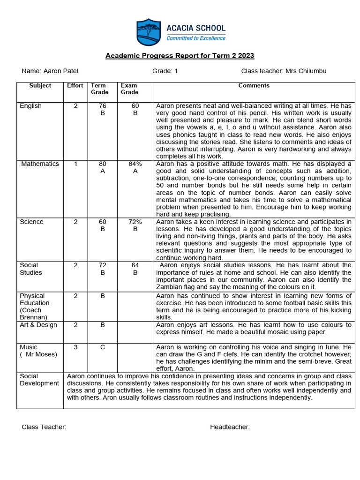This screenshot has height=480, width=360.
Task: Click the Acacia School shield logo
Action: (148, 32)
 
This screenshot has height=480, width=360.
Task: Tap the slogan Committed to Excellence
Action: (196, 38)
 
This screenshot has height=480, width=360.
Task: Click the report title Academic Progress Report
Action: (180, 56)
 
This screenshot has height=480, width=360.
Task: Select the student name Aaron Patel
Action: (61, 71)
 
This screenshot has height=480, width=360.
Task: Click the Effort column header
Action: (75, 86)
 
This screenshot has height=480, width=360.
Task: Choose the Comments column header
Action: (254, 86)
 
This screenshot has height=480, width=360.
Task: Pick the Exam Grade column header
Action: (129, 89)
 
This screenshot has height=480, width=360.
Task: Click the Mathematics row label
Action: (40, 164)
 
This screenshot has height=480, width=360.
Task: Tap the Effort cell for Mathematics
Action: (75, 164)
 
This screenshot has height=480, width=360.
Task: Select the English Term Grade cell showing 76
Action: (103, 110)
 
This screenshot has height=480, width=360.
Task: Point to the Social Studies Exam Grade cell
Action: (135, 269)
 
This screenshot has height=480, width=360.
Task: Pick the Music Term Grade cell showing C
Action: (103, 347)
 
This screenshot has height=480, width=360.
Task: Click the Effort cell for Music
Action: (75, 347)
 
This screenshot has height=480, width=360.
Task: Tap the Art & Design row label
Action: (38, 325)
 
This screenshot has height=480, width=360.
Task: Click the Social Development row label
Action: (39, 380)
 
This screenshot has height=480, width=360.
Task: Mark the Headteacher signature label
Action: (230, 427)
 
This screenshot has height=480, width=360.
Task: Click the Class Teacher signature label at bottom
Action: (44, 427)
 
